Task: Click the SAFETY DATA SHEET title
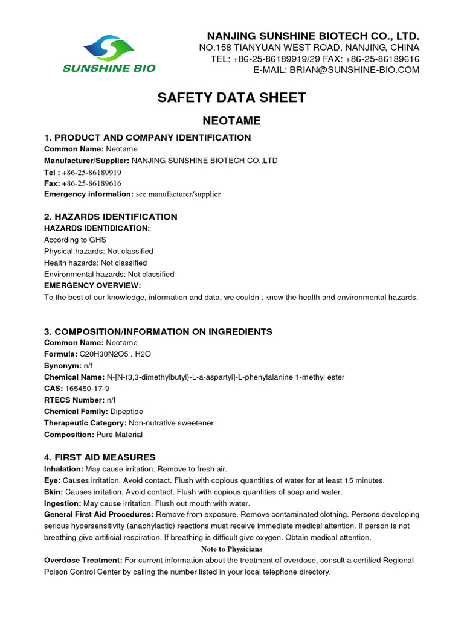tap(232, 98)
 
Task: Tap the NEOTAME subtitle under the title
tap(232, 121)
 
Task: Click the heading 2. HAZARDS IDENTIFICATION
tap(111, 217)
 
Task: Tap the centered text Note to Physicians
tap(231, 549)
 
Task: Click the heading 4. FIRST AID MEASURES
tap(100, 457)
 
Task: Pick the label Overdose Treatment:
tap(83, 561)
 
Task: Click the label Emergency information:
tap(88, 194)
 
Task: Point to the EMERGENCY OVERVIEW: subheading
tap(92, 285)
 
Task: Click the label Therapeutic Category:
tap(85, 423)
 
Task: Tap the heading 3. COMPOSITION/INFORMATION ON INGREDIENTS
tap(158, 331)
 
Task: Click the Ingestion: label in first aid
tap(62, 503)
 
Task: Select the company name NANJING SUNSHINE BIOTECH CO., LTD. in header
tap(313, 35)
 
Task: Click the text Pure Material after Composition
tap(119, 435)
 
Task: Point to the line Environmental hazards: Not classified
tap(109, 274)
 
